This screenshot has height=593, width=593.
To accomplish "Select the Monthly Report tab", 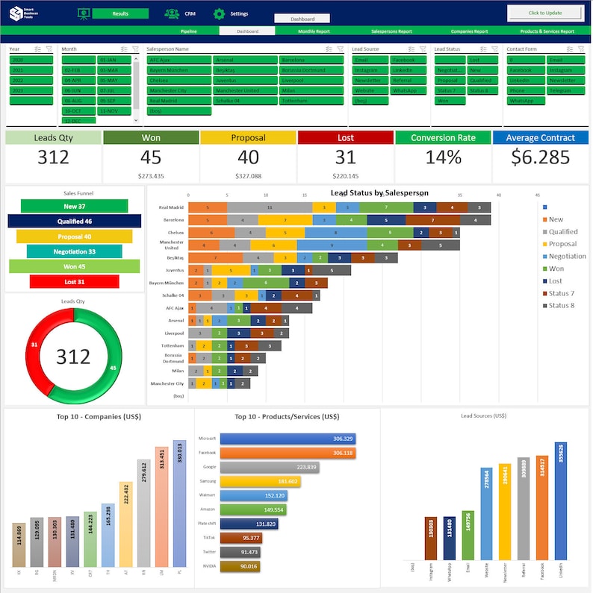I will point(314,31).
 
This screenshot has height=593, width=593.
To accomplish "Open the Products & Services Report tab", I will point(547,31).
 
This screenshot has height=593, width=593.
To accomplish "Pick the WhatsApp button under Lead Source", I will point(404,90).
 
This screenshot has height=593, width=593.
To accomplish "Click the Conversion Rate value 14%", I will point(443,157).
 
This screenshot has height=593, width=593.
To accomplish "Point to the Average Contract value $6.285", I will point(541,157).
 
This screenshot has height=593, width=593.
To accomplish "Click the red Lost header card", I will point(345,138).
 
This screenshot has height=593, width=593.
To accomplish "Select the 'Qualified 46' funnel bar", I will point(74,222).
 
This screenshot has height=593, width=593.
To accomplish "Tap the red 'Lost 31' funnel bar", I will point(74,281).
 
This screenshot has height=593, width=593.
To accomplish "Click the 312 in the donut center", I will point(73,357).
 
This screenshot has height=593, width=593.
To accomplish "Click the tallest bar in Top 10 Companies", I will point(179,503).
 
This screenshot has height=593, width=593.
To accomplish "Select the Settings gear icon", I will point(219,13).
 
